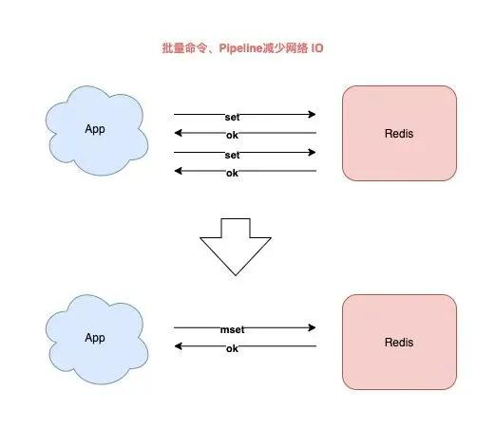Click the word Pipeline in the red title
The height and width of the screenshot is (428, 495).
(x=240, y=48)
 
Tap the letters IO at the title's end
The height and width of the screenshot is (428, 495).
(x=317, y=48)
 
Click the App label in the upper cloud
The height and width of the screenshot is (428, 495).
(x=95, y=129)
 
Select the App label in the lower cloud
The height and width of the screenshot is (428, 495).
(x=95, y=338)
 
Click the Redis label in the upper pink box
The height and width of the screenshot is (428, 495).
(x=399, y=134)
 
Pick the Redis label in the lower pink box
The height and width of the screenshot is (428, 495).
(x=399, y=343)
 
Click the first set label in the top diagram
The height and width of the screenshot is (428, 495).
(x=232, y=118)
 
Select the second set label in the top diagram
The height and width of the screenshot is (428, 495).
(x=232, y=156)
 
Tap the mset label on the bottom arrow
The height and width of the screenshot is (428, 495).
(x=232, y=330)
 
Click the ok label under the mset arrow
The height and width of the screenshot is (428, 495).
(x=232, y=348)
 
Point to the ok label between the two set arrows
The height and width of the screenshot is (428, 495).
(x=232, y=136)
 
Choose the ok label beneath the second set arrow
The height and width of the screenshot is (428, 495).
(x=232, y=174)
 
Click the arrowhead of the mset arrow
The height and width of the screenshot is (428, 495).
(x=312, y=327)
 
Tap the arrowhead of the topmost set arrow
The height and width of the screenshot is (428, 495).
(x=312, y=114)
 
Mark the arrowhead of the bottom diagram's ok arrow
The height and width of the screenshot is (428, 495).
(x=178, y=346)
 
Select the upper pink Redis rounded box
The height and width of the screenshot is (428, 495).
(x=399, y=133)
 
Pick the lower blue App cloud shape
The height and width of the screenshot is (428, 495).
(x=97, y=340)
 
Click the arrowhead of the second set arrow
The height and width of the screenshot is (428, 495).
(x=312, y=153)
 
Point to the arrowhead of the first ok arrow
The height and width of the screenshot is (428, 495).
(x=178, y=133)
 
